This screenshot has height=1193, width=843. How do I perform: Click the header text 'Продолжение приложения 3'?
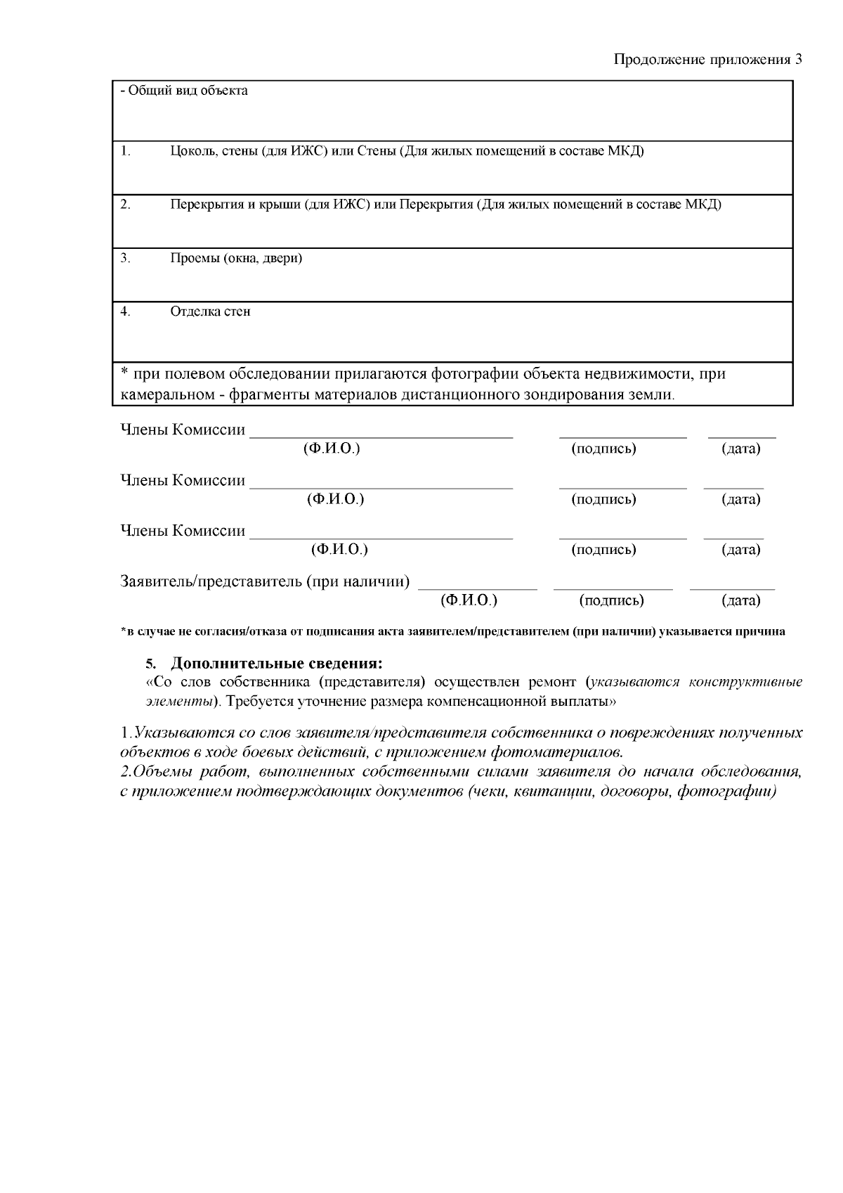tap(707, 60)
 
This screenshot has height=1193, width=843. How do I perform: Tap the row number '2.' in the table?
tap(125, 205)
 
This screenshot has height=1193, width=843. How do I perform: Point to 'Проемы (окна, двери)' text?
tap(236, 258)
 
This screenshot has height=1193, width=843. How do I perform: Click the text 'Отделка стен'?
tap(210, 311)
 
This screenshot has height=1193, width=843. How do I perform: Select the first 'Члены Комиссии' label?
tap(183, 430)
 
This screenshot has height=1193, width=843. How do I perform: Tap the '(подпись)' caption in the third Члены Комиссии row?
tap(603, 549)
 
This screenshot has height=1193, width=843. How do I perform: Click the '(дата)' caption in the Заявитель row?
tap(740, 600)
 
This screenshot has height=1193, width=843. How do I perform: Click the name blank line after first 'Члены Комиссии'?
tap(381, 436)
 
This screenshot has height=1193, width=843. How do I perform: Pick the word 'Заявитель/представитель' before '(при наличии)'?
tap(211, 581)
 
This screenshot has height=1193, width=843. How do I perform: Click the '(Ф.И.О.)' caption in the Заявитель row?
tap(469, 600)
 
